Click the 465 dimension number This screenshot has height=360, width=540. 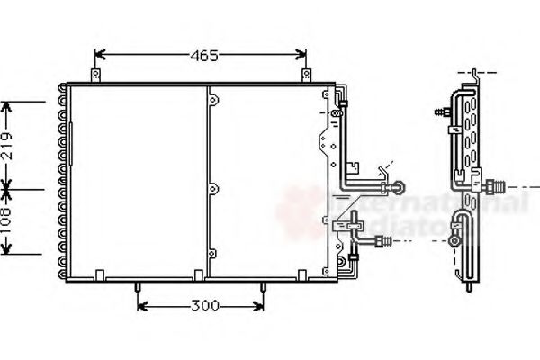tap(204, 56)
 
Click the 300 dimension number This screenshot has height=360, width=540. tap(205, 307)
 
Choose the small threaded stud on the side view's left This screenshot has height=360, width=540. tap(441, 113)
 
